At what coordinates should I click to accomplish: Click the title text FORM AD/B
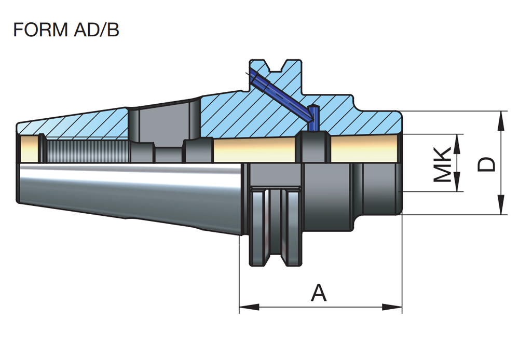click(x=66, y=30)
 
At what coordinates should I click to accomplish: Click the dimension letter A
click(x=319, y=294)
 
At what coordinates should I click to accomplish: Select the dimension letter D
click(x=487, y=164)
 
